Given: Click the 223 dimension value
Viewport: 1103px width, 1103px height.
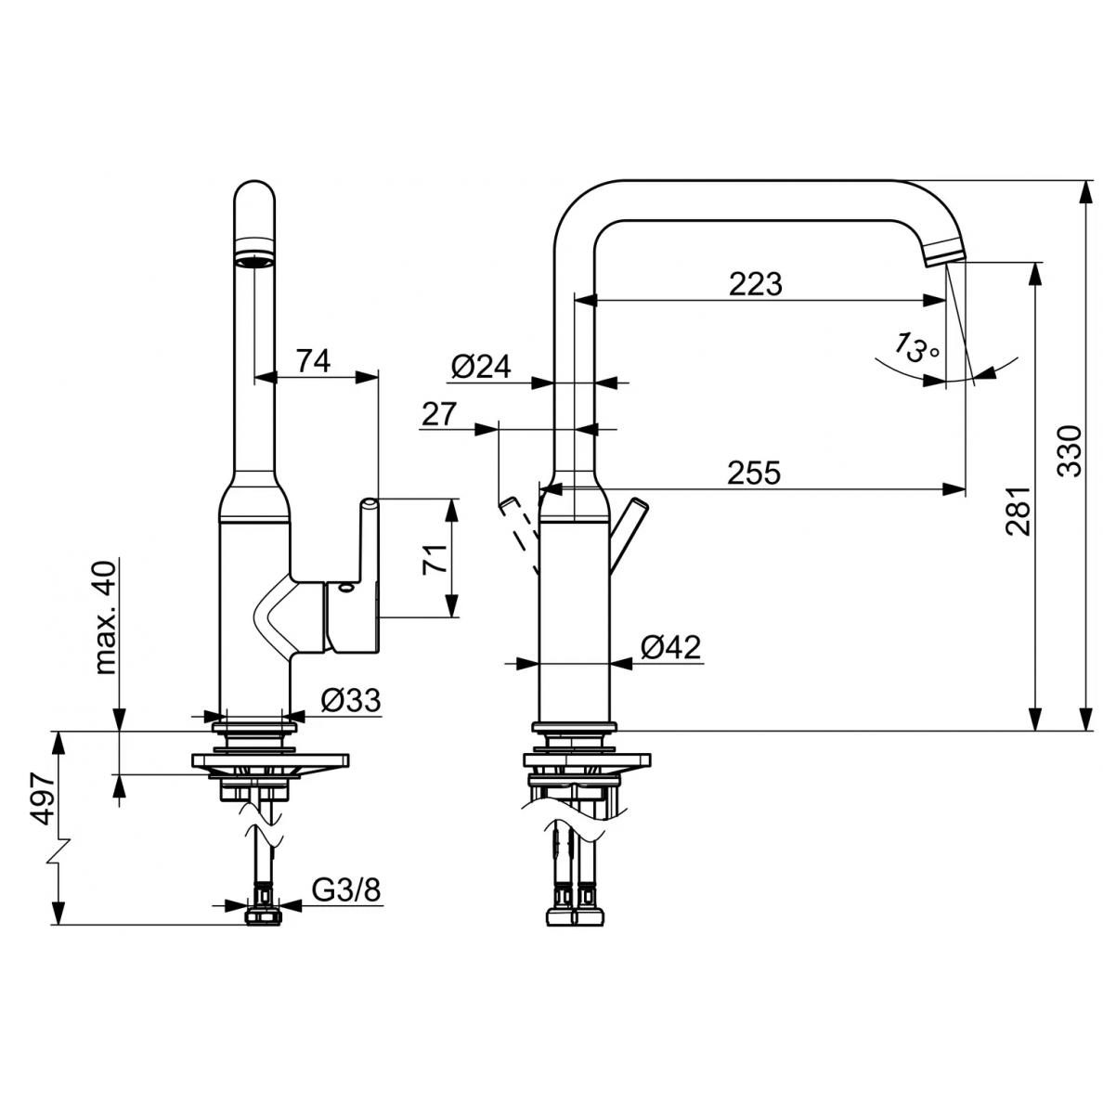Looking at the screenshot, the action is (756, 284).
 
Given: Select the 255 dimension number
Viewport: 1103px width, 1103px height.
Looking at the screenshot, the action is (754, 473).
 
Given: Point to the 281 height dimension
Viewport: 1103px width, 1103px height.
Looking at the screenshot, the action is (1018, 511).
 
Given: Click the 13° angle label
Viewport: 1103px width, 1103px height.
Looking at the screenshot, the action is (916, 346).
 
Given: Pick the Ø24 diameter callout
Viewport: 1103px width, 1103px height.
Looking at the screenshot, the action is (481, 367).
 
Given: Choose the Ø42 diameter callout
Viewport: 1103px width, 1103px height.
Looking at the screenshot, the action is (671, 646).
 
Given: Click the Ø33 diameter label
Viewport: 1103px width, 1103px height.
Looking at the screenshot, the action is (351, 700).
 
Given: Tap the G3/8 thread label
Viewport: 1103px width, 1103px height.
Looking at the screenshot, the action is (346, 889).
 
